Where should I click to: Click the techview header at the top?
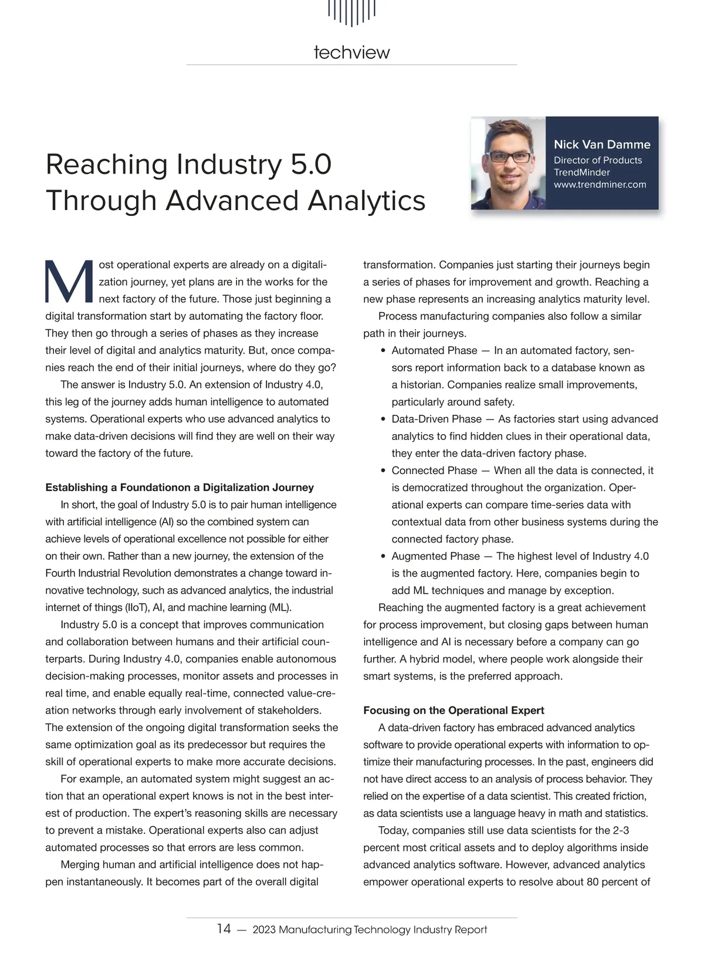(351, 53)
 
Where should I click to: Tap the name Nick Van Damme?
(602, 144)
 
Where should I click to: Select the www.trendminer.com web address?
(600, 185)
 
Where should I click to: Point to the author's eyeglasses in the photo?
(509, 157)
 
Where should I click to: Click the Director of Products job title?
(597, 160)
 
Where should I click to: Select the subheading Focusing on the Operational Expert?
(453, 711)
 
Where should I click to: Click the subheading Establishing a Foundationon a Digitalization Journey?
(180, 488)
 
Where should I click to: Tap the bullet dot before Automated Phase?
(383, 351)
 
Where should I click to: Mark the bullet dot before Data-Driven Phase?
(383, 420)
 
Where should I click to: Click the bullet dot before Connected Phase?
(383, 471)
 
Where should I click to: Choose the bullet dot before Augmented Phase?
(383, 556)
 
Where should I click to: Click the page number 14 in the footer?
(224, 929)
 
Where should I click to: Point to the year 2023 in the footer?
(263, 929)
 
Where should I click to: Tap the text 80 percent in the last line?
(618, 882)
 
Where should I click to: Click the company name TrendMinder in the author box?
(581, 172)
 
